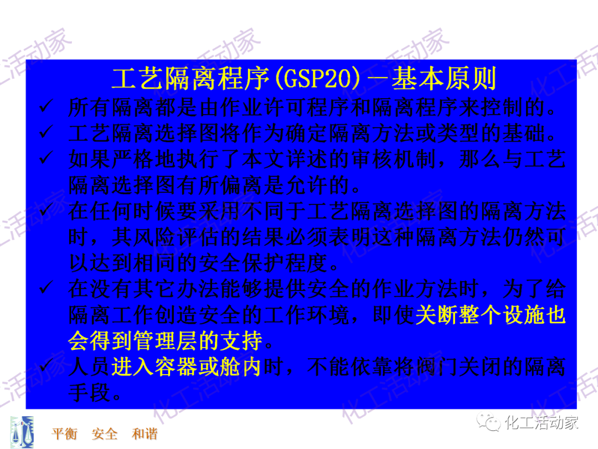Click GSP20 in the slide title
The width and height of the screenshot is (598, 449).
(x=317, y=79)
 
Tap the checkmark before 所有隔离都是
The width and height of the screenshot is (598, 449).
(x=45, y=106)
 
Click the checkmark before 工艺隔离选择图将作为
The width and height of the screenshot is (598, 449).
(x=45, y=133)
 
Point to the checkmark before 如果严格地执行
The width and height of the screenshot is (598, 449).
(x=45, y=160)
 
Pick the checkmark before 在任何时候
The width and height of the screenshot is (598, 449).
(x=45, y=212)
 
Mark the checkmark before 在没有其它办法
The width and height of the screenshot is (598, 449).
(x=45, y=289)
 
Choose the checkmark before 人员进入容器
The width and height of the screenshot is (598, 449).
(x=45, y=367)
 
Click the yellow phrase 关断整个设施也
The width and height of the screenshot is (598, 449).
(x=490, y=315)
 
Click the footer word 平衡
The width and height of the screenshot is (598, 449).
(x=65, y=433)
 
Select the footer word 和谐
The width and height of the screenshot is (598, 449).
(x=145, y=433)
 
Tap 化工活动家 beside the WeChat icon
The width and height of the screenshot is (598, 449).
(x=542, y=424)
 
